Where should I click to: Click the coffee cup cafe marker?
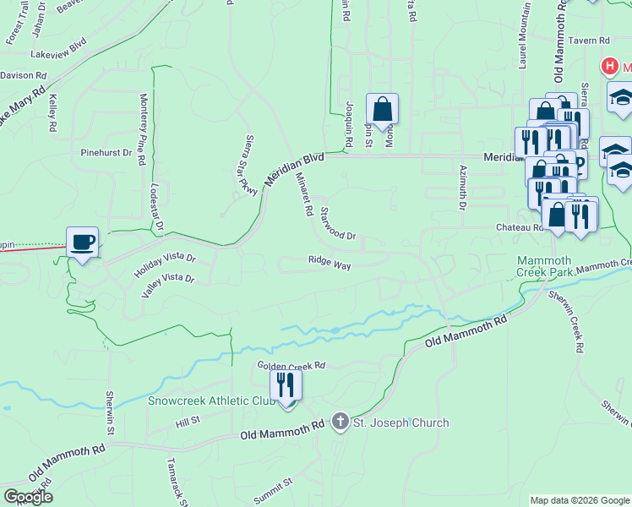pos(83,243)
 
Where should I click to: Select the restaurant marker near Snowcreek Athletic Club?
pos(286,386)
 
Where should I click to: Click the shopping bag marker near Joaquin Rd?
pos(382,110)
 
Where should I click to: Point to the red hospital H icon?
pos(607,66)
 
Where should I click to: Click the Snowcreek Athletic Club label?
pos(212,401)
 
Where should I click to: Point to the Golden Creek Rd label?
pos(291,366)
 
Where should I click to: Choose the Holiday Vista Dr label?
pos(165,267)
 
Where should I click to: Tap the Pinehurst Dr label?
pos(106,154)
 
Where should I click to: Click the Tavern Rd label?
pos(588,41)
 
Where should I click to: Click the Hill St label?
pos(187,419)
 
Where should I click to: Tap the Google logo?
pos(28,497)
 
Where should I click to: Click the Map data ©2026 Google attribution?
pos(580,500)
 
